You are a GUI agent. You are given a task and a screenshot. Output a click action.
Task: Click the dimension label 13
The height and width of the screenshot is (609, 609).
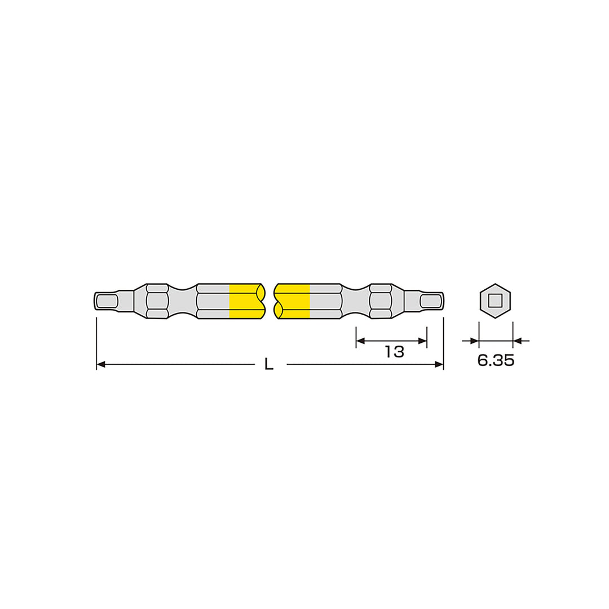pos(394,352)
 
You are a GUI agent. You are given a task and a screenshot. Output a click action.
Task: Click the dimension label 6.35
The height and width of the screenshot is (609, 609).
pos(496,360)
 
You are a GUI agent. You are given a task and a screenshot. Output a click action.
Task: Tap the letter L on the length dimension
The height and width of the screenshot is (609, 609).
pos(269,364)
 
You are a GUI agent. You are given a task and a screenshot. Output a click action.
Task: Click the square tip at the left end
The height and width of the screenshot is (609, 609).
pos(107,301)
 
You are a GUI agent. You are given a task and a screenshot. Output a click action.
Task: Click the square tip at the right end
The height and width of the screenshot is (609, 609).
pos(431,301)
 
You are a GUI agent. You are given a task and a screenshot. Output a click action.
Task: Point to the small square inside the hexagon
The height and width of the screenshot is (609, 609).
pos(495,301)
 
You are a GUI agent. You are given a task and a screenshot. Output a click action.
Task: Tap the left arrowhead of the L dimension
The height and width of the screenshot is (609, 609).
pos(100,364)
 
